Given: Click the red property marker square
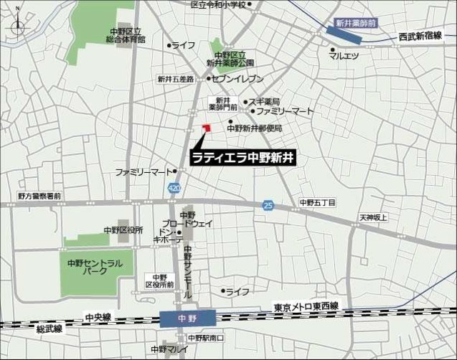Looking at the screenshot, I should [207, 128].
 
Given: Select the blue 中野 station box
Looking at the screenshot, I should [187, 316].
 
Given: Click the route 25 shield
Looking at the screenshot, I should [267, 205].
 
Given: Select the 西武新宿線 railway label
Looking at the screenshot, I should [421, 36].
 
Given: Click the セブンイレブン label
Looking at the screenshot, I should [238, 79].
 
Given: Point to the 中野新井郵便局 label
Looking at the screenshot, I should [255, 129].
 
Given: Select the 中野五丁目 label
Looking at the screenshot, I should [318, 203].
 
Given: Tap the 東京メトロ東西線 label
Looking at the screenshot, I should [306, 306].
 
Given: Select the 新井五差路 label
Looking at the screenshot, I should [176, 79].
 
